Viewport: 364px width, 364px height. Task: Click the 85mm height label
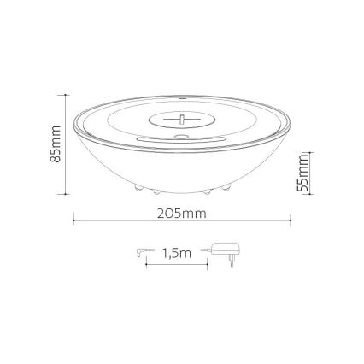pos(55,146)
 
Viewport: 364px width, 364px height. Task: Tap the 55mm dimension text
pos(302,174)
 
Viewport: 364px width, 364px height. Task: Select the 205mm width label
pos(181,212)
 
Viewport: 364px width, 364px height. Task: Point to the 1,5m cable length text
pos(174,253)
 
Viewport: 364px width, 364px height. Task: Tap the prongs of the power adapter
pos(230,262)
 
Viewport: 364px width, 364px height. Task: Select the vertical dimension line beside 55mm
pos(309,174)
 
